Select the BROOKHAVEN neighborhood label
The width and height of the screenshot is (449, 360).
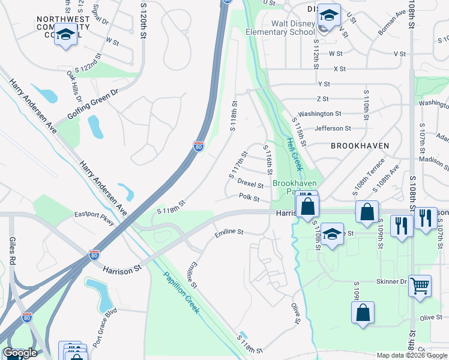tap(360, 146)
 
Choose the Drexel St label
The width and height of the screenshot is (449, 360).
tap(251, 183)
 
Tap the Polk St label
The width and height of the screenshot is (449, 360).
tap(249, 197)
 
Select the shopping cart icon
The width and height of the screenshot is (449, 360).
tap(420, 286)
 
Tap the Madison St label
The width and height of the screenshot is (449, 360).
tap(430, 160)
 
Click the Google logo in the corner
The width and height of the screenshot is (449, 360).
tap(20, 353)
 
